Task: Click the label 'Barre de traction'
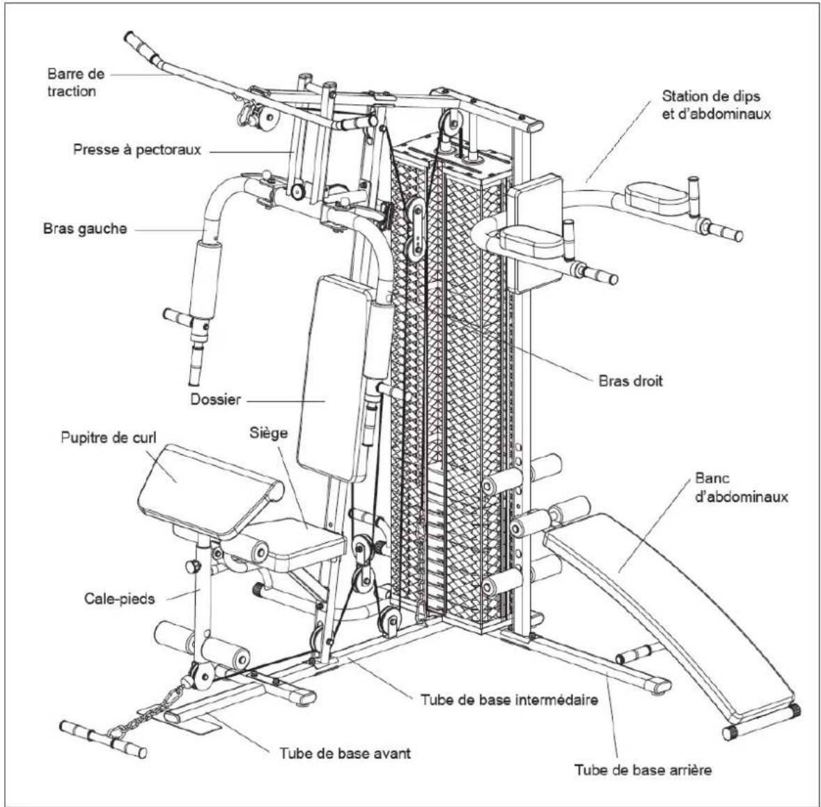click(x=76, y=83)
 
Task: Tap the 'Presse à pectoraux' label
click(x=137, y=150)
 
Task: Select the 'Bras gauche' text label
click(x=85, y=229)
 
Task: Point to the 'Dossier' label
click(x=215, y=400)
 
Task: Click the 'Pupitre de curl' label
click(x=109, y=437)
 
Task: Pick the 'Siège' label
click(x=269, y=433)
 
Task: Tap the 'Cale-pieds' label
click(x=119, y=598)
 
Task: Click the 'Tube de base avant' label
click(x=345, y=753)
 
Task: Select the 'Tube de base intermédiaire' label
click(x=510, y=700)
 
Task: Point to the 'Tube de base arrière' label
click(x=643, y=770)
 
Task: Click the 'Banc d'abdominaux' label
click(x=741, y=487)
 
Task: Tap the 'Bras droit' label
click(x=630, y=380)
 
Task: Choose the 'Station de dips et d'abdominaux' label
click(x=717, y=104)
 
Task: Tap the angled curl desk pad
click(x=210, y=490)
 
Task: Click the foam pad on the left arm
click(x=205, y=280)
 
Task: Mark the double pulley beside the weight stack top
click(x=415, y=228)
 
